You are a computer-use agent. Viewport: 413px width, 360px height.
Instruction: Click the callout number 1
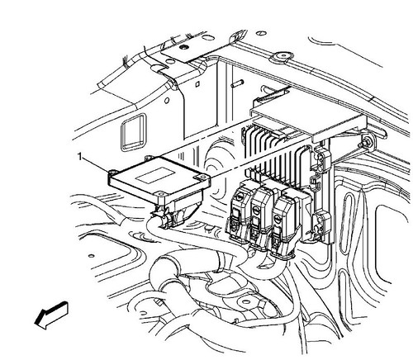click(x=80, y=157)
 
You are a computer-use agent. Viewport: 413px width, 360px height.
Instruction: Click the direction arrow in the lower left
click(x=51, y=315)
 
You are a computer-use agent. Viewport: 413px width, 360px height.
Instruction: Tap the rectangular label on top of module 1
click(x=157, y=176)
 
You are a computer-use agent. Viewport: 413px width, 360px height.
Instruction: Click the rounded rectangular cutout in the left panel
click(x=134, y=132)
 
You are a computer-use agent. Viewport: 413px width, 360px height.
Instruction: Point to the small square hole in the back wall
click(x=197, y=84)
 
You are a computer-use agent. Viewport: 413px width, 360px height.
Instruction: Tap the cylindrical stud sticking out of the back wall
click(x=237, y=83)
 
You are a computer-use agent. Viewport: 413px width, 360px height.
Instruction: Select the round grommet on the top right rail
click(x=282, y=56)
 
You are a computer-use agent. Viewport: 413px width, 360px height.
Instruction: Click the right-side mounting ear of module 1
click(x=202, y=179)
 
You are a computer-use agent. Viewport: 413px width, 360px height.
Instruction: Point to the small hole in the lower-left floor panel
click(x=91, y=256)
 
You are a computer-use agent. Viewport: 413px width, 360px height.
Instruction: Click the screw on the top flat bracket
click(x=182, y=47)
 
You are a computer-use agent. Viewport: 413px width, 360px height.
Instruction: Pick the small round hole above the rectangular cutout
click(x=167, y=101)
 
